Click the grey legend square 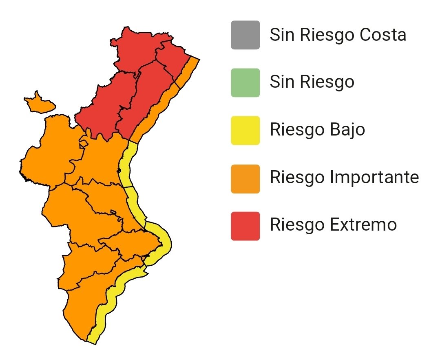point(245,35)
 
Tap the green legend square point(245,83)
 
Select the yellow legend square point(245,130)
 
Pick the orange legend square point(245,178)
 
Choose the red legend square point(245,226)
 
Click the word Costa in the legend point(383,35)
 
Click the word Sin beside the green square point(282,82)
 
